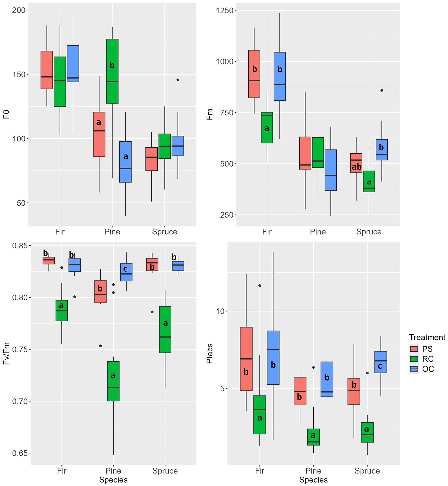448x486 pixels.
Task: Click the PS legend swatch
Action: coord(414,349)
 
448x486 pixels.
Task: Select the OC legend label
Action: coord(428,369)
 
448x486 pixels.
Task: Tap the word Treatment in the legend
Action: coord(427,337)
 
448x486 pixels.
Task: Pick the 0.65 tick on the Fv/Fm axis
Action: coord(20,453)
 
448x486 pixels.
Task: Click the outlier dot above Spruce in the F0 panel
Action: coord(178,80)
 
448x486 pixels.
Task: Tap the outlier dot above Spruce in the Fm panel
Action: coord(382,90)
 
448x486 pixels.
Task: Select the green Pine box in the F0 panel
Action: coord(112,81)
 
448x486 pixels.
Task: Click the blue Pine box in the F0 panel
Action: coord(125,173)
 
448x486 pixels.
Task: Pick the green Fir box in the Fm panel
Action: coord(267,135)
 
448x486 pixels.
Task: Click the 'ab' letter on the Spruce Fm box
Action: coord(356,167)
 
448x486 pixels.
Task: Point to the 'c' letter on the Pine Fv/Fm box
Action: coord(125,269)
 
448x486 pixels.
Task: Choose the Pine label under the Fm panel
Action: coord(318,232)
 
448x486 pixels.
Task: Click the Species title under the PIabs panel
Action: coord(313,480)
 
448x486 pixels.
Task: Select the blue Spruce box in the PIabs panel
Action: coord(381,362)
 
